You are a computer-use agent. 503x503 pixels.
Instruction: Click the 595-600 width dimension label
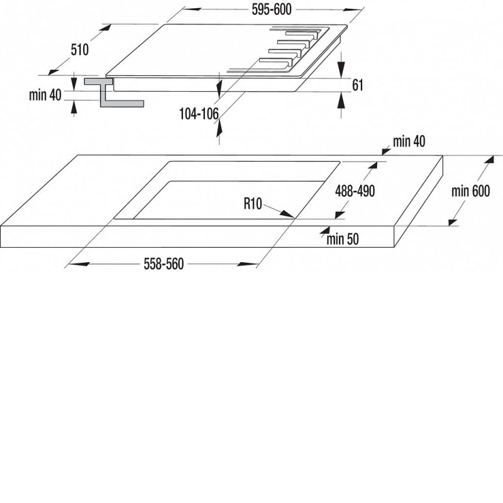(x=272, y=9)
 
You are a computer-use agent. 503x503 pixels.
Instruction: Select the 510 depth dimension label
(x=80, y=50)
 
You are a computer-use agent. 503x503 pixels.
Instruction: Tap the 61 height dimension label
(x=358, y=85)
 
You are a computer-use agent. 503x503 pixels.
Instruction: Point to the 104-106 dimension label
(x=199, y=114)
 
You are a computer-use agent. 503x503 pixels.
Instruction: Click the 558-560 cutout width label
(x=163, y=264)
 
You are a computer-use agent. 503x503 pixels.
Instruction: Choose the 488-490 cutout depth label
(x=355, y=191)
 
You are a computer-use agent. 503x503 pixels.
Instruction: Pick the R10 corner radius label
(x=253, y=203)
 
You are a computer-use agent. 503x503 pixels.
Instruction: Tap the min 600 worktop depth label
(x=470, y=191)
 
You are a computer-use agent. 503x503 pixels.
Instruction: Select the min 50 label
(x=343, y=239)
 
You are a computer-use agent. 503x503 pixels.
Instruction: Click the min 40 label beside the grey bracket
(x=45, y=95)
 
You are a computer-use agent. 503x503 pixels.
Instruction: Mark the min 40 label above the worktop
(x=409, y=141)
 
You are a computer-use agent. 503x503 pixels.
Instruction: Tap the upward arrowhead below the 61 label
(x=341, y=100)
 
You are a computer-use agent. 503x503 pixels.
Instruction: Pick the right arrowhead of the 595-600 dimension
(x=352, y=9)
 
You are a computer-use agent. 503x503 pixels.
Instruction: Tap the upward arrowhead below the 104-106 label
(x=219, y=128)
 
